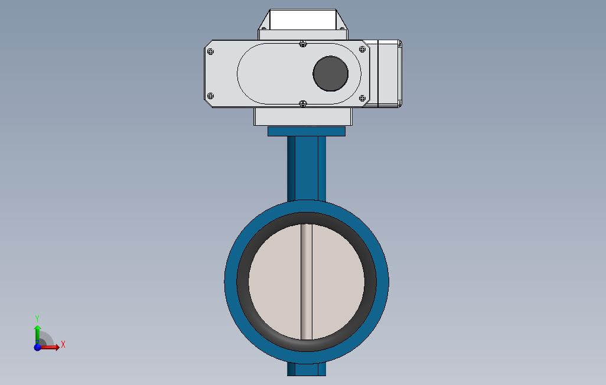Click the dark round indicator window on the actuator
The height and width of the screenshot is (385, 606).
click(x=330, y=73)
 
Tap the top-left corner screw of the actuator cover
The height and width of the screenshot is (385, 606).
click(x=211, y=51)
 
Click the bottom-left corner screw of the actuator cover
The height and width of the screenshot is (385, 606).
click(x=211, y=96)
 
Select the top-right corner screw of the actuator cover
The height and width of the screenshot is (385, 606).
click(x=362, y=49)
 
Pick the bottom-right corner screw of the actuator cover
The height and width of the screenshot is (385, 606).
click(x=362, y=98)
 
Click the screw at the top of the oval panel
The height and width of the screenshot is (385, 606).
click(x=303, y=44)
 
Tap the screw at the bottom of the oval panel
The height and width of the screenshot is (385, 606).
click(x=303, y=103)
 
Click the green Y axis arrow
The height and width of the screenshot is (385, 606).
click(x=37, y=334)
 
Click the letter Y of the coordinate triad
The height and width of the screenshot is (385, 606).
click(x=37, y=318)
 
